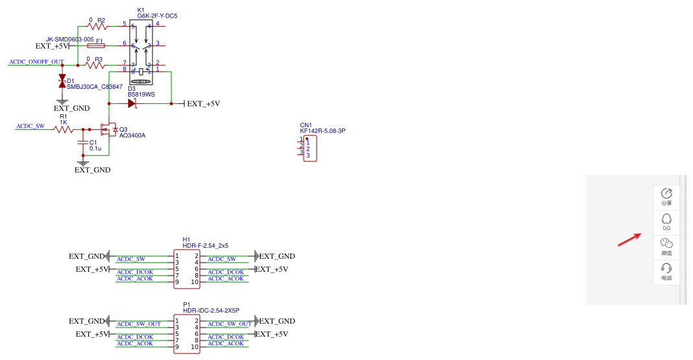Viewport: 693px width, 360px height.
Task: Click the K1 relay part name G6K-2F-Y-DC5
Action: (x=157, y=16)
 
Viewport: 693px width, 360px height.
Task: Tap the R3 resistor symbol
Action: (x=96, y=65)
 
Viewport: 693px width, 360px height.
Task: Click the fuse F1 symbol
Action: (x=96, y=45)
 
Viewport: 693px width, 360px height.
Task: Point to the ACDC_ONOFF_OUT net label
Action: (x=36, y=62)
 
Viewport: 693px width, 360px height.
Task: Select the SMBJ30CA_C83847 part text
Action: (x=95, y=87)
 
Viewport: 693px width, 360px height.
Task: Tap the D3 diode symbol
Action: (x=132, y=103)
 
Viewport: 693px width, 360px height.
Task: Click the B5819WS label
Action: (x=141, y=95)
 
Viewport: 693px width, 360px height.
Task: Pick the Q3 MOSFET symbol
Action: (x=108, y=130)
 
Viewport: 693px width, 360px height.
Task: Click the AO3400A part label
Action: (x=132, y=136)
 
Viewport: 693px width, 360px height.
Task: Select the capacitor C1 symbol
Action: (x=82, y=143)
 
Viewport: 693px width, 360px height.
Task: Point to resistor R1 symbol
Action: (x=64, y=130)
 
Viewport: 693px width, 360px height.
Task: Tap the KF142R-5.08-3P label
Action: (x=322, y=131)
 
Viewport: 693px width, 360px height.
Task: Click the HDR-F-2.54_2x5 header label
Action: (x=206, y=246)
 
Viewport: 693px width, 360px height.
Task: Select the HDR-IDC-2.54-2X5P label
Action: (x=211, y=311)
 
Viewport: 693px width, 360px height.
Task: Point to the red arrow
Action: (x=629, y=239)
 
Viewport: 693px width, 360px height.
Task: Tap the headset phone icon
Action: (x=666, y=269)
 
